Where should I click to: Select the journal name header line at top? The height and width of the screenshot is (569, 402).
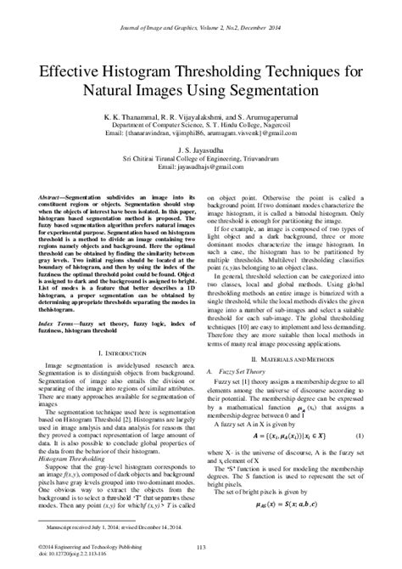pos(200,27)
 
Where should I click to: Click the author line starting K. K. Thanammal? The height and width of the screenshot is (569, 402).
pos(200,114)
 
